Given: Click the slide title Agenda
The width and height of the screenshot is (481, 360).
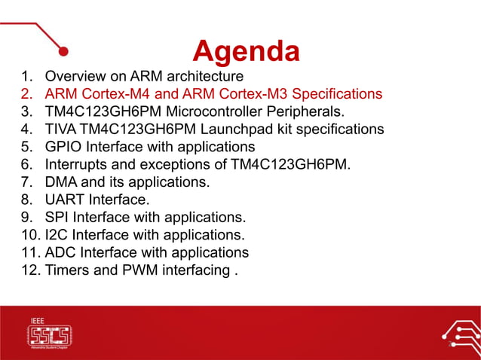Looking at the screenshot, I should pos(246,50).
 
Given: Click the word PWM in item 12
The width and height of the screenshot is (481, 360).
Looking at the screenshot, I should pos(140,270).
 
